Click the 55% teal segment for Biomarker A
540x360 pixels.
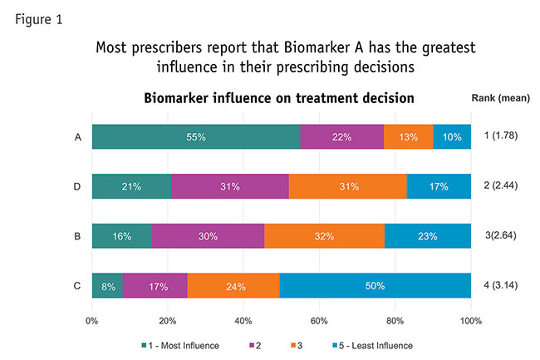coord(196,136)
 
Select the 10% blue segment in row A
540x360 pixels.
coord(452,136)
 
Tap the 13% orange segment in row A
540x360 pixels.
coord(408,136)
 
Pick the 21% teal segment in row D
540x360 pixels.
coord(131,186)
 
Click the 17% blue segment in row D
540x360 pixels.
coord(439,186)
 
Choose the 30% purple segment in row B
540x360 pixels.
coord(208,236)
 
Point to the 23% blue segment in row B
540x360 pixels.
coord(428,236)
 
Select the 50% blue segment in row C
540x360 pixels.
coord(376,287)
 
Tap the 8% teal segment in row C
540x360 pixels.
coord(106,287)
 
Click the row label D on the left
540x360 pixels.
coord(76,186)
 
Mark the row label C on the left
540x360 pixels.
coord(76,287)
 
